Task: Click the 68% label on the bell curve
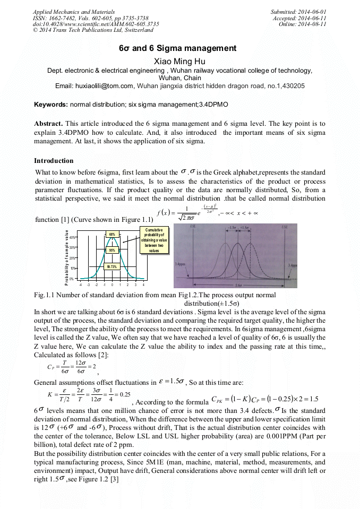click(112, 234)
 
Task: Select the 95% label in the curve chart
click(112, 250)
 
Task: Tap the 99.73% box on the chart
click(112, 267)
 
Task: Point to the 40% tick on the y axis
click(72, 238)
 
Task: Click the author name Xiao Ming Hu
click(179, 62)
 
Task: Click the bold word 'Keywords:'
click(51, 105)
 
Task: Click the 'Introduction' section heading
click(54, 160)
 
